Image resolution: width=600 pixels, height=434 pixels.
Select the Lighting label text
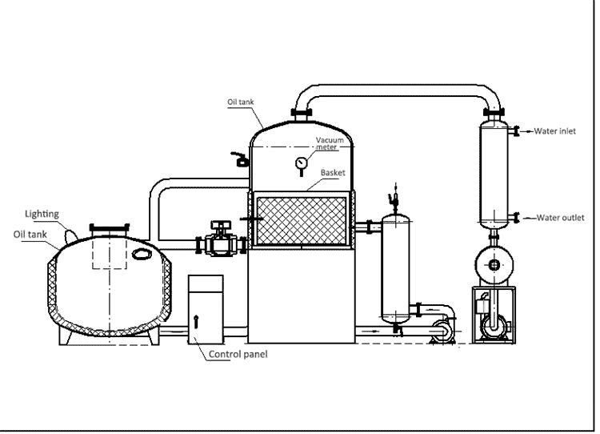click(x=42, y=214)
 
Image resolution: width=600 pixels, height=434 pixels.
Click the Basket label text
click(x=334, y=172)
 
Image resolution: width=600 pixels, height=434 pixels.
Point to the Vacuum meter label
click(x=330, y=143)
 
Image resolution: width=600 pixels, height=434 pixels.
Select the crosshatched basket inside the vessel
click(x=302, y=217)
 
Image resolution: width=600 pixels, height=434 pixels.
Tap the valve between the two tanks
click(x=218, y=239)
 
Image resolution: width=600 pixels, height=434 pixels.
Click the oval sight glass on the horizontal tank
click(x=142, y=255)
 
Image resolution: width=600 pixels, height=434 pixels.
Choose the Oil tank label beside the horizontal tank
click(x=28, y=233)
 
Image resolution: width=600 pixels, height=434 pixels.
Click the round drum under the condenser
click(x=494, y=263)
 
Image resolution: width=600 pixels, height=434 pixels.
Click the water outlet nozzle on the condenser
click(x=517, y=217)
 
